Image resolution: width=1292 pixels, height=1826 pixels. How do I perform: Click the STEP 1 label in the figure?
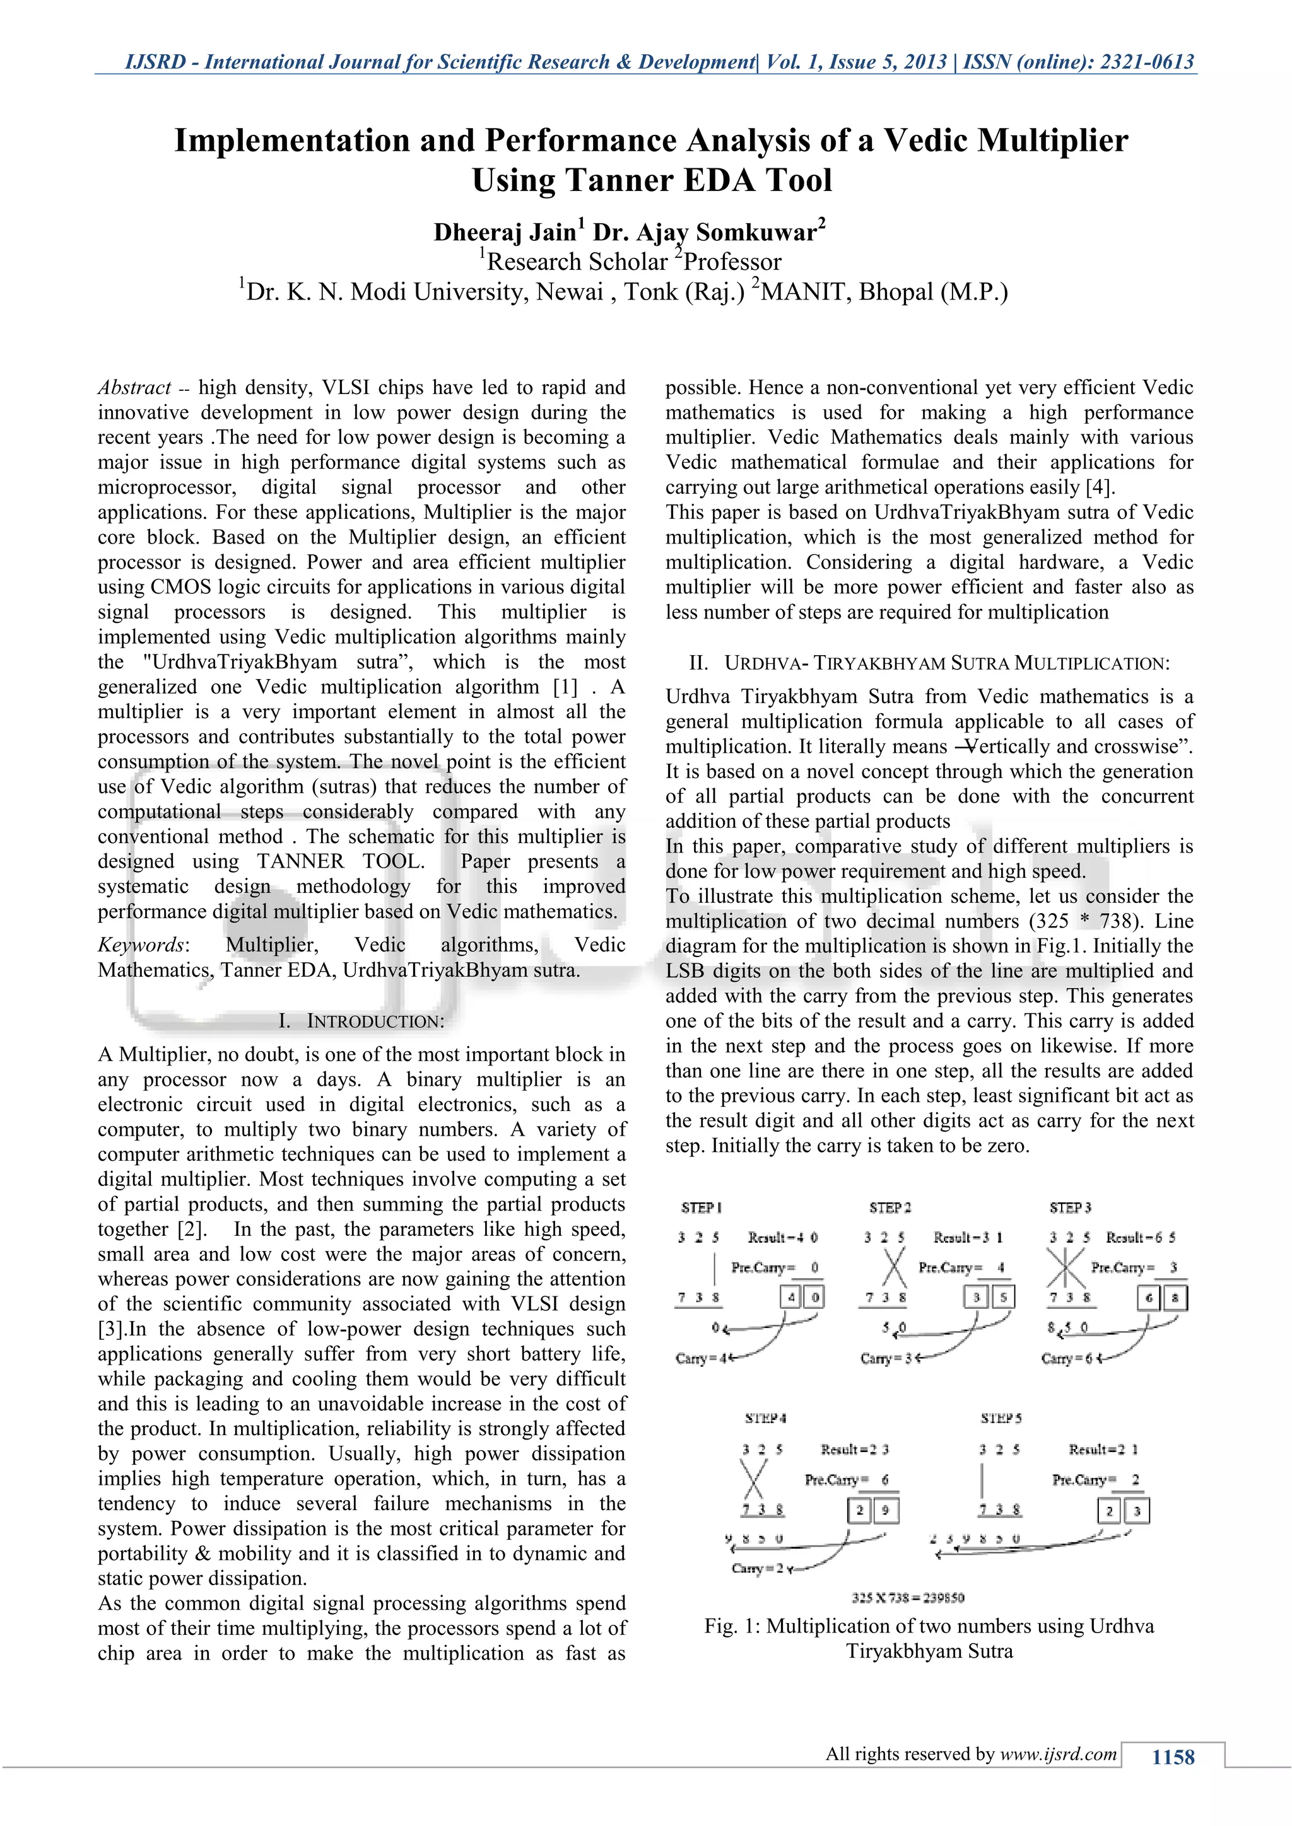click(x=701, y=1207)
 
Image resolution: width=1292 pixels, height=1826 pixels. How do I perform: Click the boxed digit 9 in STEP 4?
click(x=886, y=1509)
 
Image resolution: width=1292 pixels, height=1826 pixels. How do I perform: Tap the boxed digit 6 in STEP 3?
click(x=1149, y=1298)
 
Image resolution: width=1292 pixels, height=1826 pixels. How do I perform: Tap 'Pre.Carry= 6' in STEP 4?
click(x=847, y=1479)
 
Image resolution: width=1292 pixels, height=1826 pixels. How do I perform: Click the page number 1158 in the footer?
click(x=1173, y=1757)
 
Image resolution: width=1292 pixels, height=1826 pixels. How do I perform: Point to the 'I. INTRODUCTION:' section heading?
click(x=361, y=1021)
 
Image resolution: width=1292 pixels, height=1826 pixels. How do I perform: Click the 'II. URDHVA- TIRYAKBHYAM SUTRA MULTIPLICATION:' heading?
click(x=929, y=663)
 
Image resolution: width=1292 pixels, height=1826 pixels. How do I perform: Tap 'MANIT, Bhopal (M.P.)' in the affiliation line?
click(x=883, y=292)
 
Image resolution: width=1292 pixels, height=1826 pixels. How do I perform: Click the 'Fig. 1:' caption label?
click(x=732, y=1625)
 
